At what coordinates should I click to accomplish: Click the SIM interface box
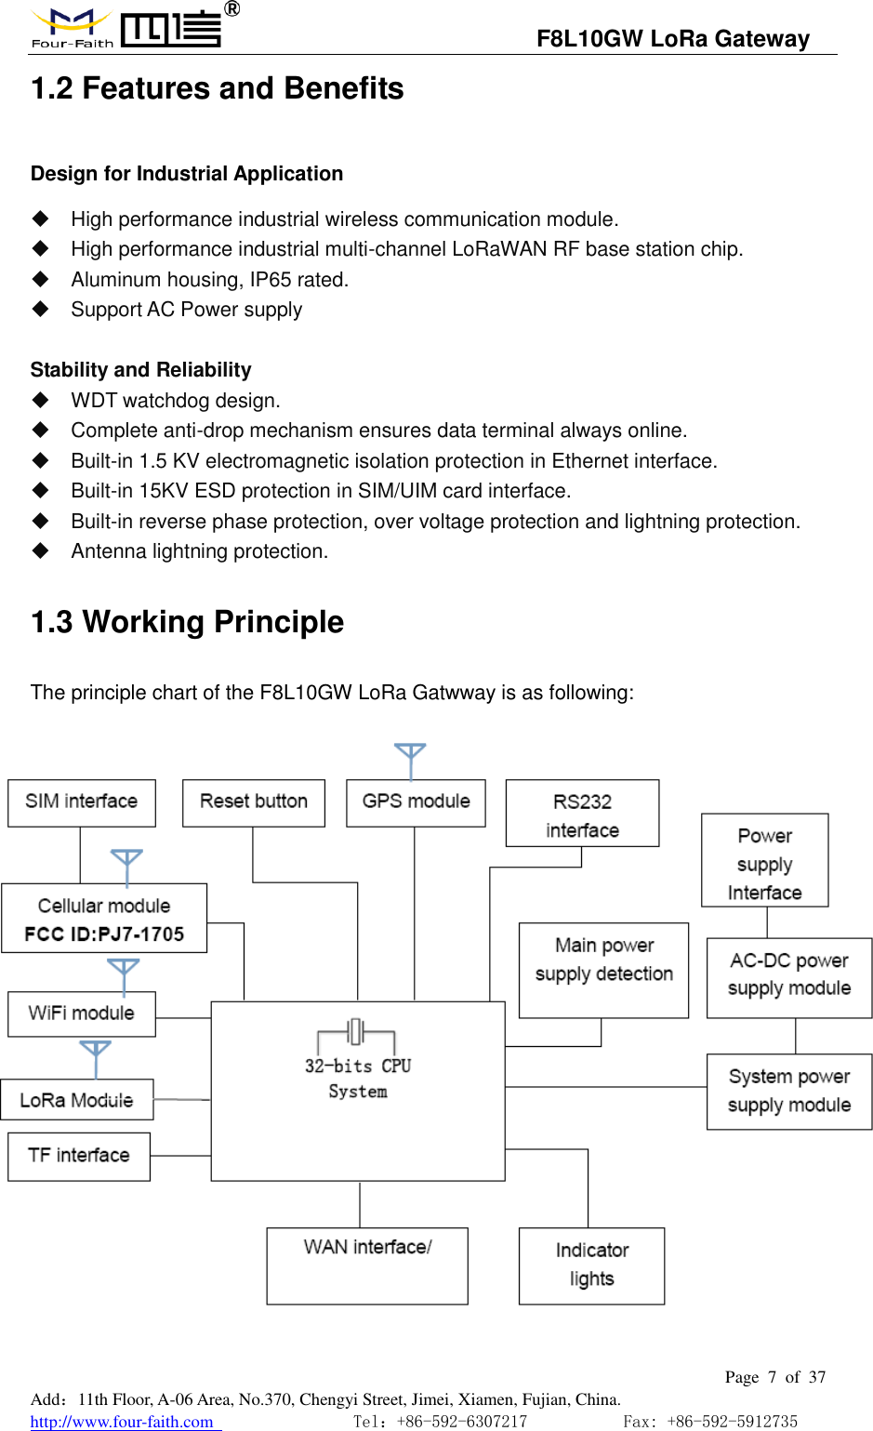coord(82,802)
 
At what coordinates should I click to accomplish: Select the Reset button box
coord(254,802)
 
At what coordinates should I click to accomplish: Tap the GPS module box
coord(416,802)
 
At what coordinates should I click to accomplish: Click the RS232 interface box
coord(582,814)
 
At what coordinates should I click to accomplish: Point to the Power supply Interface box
coord(764,861)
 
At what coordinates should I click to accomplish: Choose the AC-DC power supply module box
coord(788,977)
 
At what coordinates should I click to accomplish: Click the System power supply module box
coord(788,1092)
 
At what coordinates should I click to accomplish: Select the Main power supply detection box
coord(603,970)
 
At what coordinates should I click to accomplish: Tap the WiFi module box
coord(82,1014)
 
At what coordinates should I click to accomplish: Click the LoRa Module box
coord(77,1100)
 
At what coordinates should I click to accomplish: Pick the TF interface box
coord(79,1156)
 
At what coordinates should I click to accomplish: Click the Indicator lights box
coord(591,1265)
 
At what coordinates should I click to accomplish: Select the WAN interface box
coord(367,1265)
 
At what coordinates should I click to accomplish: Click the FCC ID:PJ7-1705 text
coord(104,934)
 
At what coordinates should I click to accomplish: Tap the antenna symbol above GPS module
coord(410,758)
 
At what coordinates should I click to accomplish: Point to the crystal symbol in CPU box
coord(356,1032)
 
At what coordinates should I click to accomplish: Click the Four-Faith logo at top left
coord(73,28)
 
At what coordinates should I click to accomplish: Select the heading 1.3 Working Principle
coord(187,622)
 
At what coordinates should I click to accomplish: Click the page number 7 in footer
coord(772,1377)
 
